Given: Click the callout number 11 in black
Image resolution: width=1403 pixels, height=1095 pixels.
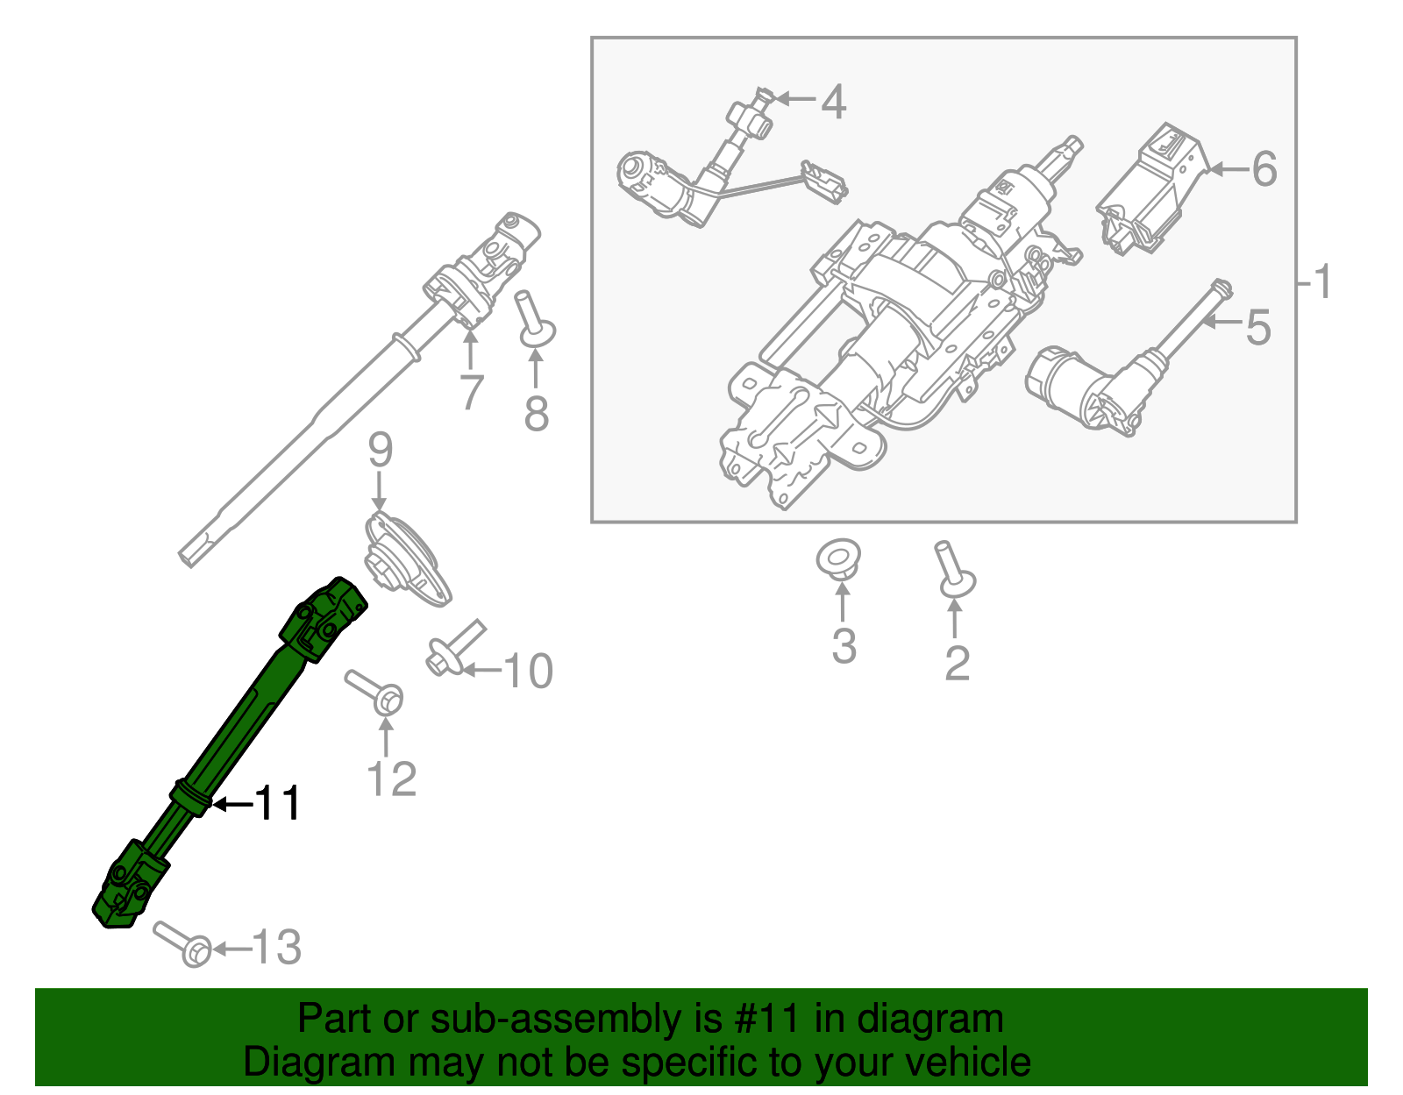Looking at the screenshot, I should pos(278,803).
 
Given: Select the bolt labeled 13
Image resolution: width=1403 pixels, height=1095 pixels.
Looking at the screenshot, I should pos(185,943).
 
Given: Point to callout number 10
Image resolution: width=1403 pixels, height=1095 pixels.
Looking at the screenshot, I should pos(528,672).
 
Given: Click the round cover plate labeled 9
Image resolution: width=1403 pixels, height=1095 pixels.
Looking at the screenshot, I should pos(406,560).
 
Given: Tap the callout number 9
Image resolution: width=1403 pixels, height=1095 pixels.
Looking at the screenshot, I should pos(380,451).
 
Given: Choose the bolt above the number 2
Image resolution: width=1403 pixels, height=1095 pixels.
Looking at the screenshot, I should pos(953,569).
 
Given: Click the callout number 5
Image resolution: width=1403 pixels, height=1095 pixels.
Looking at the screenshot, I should pos(1257,327).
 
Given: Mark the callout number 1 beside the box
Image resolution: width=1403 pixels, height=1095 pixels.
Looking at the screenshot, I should pos(1322,282).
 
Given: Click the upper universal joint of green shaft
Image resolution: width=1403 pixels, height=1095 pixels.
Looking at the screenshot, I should pos(324,618).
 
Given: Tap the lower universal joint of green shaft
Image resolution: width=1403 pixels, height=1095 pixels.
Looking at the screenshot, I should pos(129,885).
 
